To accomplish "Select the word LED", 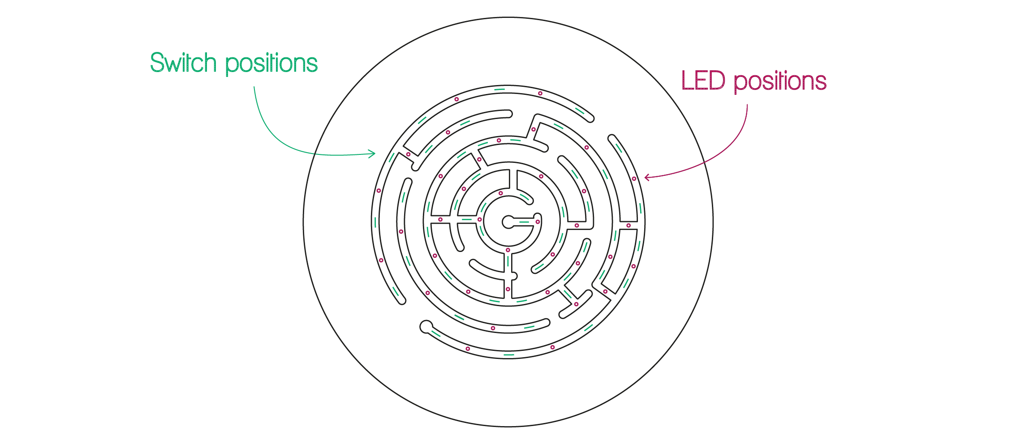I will [703, 81].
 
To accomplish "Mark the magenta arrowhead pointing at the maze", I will [646, 177].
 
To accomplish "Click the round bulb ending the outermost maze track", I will [426, 327].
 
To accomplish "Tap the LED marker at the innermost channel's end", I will [538, 222].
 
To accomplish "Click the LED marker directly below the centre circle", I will [508, 250].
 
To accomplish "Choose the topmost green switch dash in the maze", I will [499, 90].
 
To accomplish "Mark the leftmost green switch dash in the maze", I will [375, 222].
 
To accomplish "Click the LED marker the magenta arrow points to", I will [634, 179].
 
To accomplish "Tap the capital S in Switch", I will [157, 63].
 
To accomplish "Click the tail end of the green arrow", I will [254, 87].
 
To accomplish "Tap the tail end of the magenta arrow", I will [747, 105].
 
